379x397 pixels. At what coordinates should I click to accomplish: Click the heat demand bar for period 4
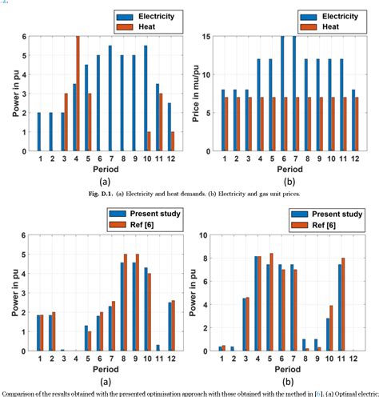[x=78, y=94]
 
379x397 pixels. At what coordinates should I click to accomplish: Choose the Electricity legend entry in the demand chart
[x=127, y=15]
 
